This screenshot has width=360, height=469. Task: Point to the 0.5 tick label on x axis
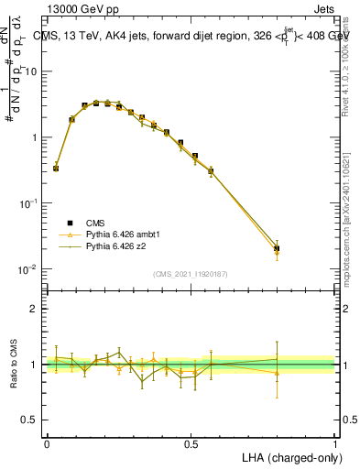pos(191,443)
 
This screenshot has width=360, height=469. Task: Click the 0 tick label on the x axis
pos(47,443)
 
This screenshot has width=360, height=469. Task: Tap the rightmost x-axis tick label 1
pos(335,443)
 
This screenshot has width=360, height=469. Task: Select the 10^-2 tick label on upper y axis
pos(31,269)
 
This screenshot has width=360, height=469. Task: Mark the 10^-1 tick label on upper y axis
pos(31,203)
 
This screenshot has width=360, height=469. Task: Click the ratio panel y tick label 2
pos(36,309)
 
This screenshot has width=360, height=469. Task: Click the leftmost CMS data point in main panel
pos(56,169)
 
